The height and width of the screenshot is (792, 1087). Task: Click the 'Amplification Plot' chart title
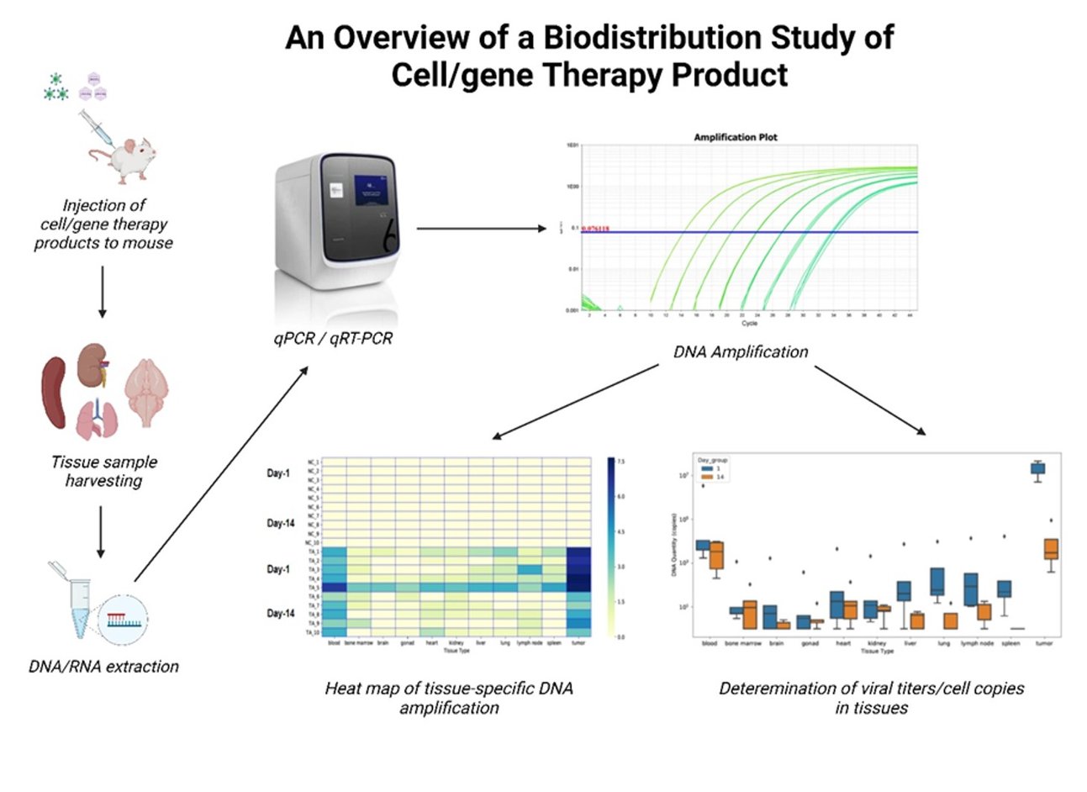click(x=736, y=137)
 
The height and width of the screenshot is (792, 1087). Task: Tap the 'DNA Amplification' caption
click(x=741, y=352)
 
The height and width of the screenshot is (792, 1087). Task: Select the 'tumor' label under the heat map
click(x=578, y=643)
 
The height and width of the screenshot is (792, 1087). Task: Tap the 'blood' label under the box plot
click(x=709, y=643)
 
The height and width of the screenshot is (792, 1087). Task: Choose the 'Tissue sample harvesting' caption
click(x=103, y=472)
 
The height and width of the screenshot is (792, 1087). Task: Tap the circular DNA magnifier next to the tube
click(x=123, y=623)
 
